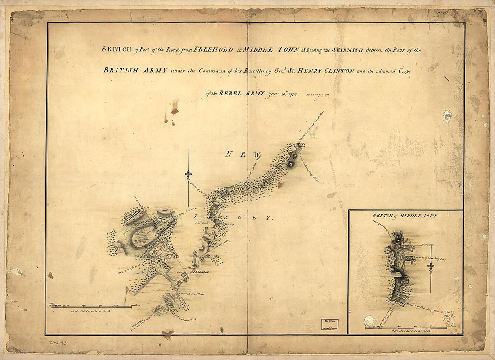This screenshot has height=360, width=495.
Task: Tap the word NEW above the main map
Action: coord(236,154)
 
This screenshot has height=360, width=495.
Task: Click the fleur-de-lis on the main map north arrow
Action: coord(189,174)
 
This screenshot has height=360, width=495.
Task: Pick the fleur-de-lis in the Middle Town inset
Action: coord(431,267)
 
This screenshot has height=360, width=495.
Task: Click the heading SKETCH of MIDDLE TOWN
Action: coord(405,216)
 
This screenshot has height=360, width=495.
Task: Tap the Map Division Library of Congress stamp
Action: coord(330,324)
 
